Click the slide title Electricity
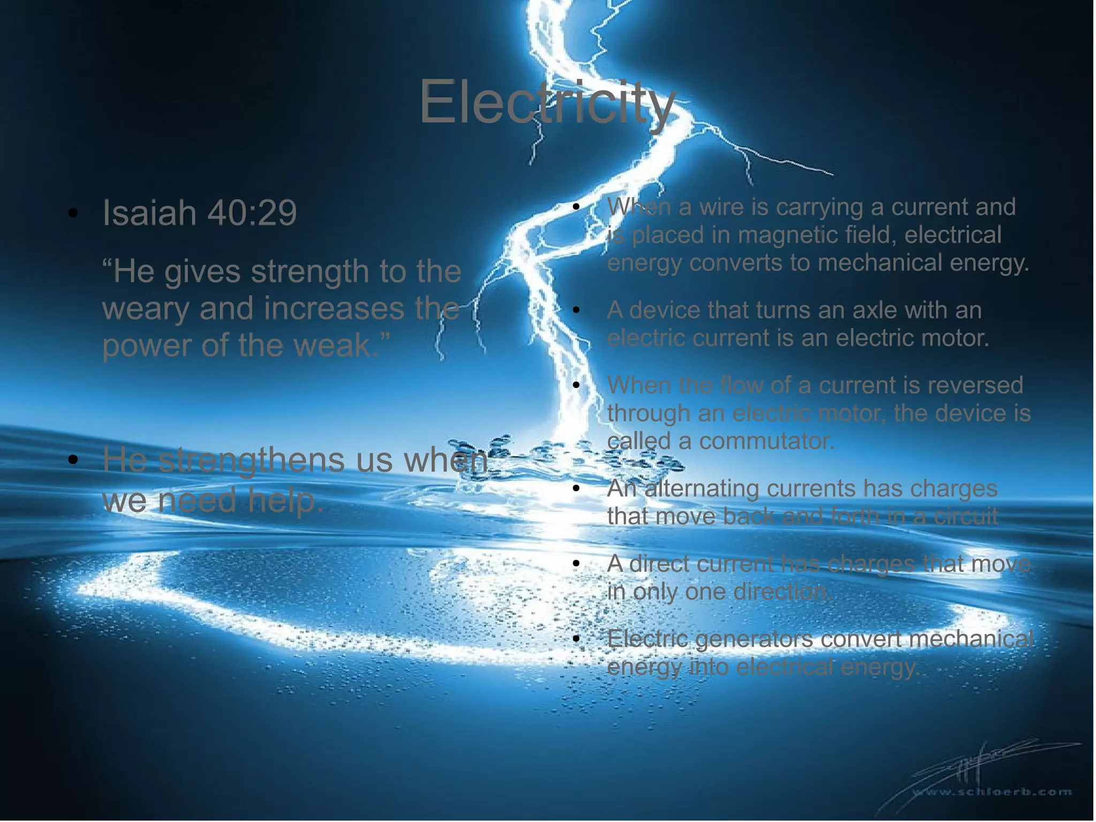[547, 102]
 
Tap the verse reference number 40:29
[252, 213]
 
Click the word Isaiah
[149, 213]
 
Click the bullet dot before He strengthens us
[73, 460]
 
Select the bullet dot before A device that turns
[576, 311]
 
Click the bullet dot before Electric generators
[576, 639]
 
